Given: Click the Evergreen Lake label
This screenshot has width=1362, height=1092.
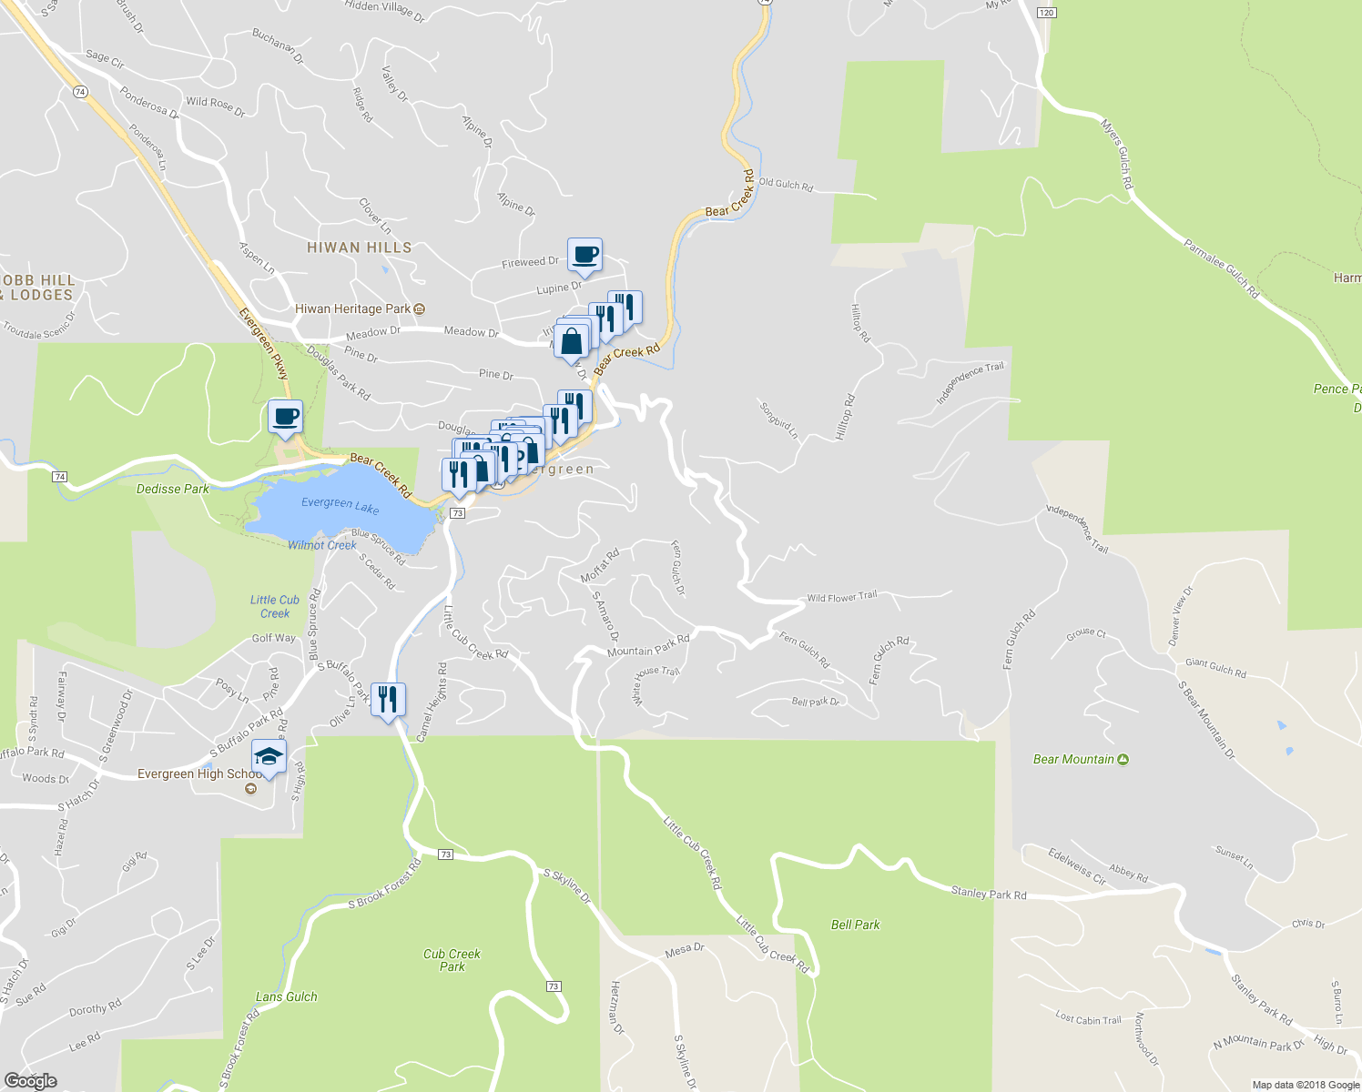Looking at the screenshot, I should pos(340,505).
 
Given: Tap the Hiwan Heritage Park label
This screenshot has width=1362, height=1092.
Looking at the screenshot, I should pos(353,309).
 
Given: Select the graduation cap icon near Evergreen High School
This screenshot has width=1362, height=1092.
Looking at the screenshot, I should pos(269,756).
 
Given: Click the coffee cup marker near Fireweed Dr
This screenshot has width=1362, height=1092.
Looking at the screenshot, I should pos(584,255).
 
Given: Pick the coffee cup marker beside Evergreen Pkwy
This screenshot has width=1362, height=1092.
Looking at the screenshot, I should pos(286,417).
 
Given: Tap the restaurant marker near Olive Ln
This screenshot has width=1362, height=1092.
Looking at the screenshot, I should pos(388,700).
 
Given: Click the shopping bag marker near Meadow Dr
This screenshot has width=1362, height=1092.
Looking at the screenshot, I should pos(571,342).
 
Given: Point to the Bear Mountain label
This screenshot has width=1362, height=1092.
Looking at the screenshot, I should pos(1074,759).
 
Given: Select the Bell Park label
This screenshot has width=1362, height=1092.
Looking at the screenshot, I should pos(855,925).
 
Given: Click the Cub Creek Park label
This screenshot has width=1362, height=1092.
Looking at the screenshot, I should pos(452,960).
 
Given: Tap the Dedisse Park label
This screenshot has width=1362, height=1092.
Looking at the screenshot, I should pos(173,489).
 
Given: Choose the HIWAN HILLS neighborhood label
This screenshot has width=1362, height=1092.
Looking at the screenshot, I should pos(359,248).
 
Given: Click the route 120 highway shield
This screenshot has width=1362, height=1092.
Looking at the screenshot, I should pos(1046,13).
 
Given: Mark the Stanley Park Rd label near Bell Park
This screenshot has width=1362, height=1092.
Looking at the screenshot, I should pos(988,894).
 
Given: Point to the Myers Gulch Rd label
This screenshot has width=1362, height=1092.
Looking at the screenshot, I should pos(1117,154).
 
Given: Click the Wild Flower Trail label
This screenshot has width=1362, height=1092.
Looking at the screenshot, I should pos(841,597).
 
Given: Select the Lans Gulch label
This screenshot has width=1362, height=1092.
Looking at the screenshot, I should pos(287,996).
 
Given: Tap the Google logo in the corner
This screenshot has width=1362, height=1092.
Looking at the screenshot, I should pos(30,1080).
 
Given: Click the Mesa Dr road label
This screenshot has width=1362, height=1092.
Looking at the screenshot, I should pos(685,950).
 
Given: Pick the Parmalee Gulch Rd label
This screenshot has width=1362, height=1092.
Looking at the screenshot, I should pos(1221,268).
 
